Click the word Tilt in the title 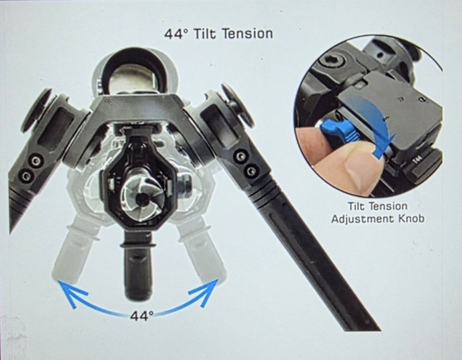tap(205, 34)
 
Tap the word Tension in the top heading tap(247, 34)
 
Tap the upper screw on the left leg tap(36, 161)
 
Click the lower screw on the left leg tap(26, 176)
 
